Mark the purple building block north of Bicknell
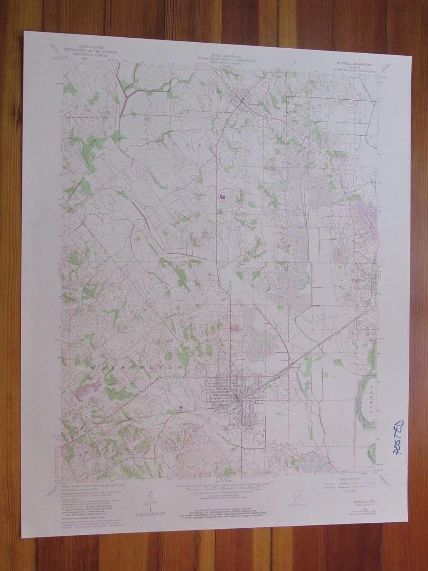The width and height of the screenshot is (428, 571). coord(222,197)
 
